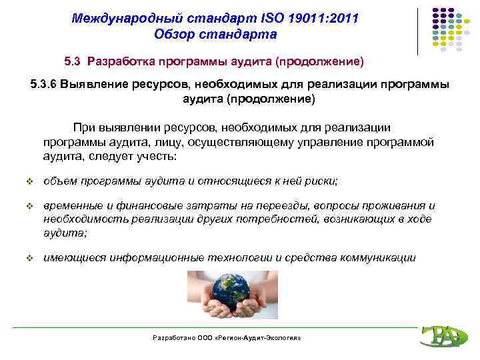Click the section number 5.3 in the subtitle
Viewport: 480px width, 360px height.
point(73,62)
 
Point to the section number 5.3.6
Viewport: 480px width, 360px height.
point(43,85)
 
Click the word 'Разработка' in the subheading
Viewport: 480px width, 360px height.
point(122,62)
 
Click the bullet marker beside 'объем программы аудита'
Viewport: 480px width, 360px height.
point(29,181)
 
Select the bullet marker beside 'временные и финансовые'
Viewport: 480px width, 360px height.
point(29,206)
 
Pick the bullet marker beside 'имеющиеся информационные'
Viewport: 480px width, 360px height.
point(29,257)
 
